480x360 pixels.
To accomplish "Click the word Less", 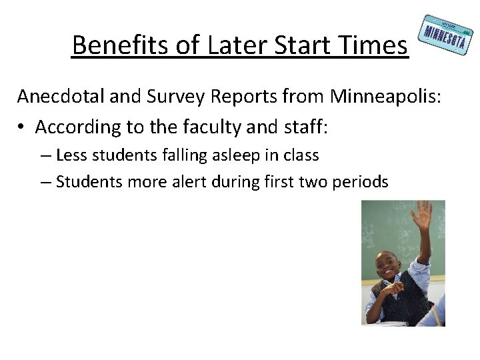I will click(71, 156).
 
